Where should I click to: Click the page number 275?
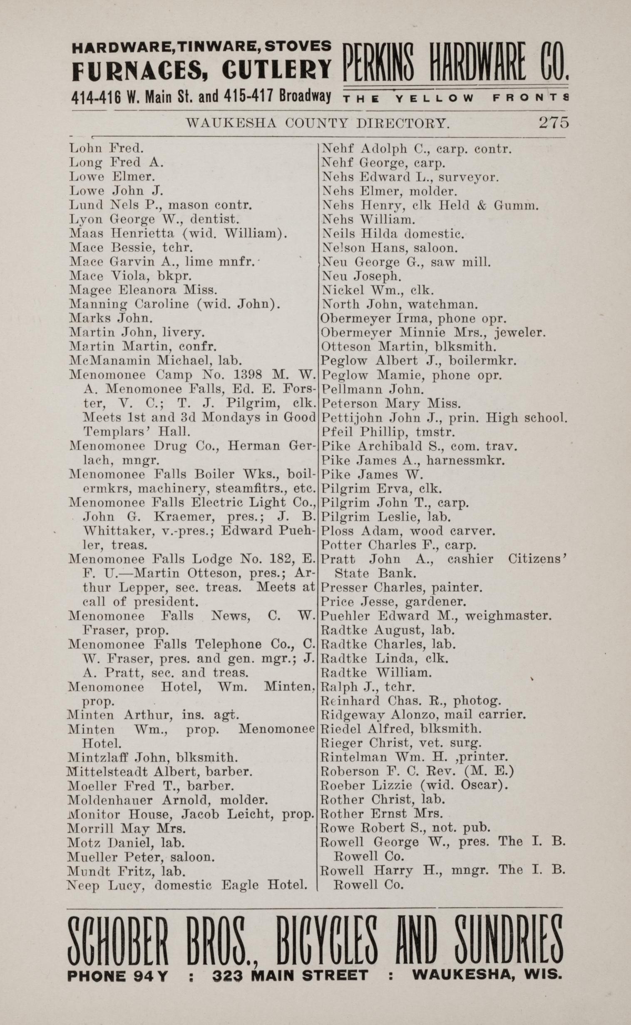pyautogui.click(x=554, y=122)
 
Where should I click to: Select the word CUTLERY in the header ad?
pyautogui.click(x=277, y=69)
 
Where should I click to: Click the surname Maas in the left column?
pyautogui.click(x=87, y=233)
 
